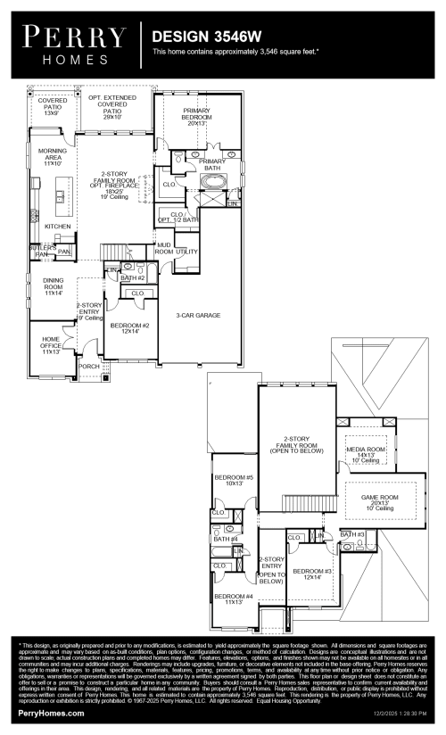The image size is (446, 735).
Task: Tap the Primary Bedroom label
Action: [197, 116]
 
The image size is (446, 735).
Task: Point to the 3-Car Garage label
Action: [198, 315]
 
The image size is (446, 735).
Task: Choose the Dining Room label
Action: [54, 286]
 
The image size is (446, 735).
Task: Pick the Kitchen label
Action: [58, 227]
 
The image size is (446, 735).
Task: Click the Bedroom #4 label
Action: [234, 599]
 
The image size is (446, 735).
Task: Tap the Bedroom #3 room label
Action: [312, 574]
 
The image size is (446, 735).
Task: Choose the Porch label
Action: [89, 366]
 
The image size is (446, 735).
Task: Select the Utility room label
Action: [186, 252]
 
